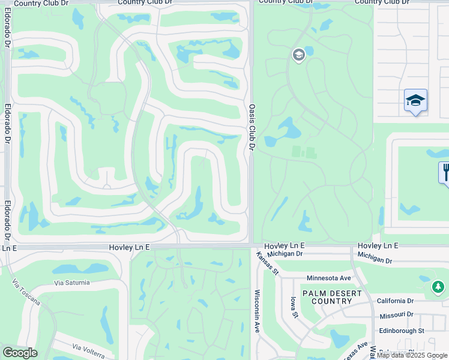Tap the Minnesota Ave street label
coord(328,278)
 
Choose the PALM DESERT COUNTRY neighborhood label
coord(331,297)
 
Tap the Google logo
coord(19,353)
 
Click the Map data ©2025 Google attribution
coord(412,355)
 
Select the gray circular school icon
coord(298,56)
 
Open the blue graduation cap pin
coord(415,100)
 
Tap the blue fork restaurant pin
coord(445,172)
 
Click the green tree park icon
coord(438,287)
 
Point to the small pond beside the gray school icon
coord(309,51)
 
